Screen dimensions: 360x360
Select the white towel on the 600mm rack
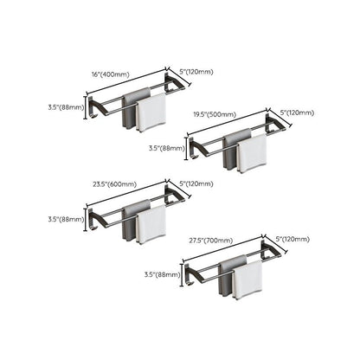point(151,224)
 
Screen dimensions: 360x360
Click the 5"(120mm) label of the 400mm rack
point(196,72)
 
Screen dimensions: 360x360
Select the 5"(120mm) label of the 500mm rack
point(297,112)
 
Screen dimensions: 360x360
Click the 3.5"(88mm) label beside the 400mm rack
point(67,108)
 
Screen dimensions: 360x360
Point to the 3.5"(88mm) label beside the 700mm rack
point(163,274)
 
